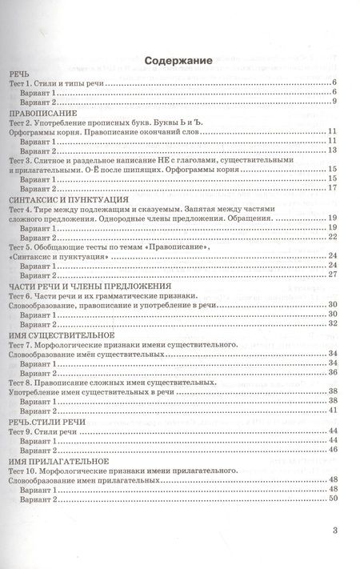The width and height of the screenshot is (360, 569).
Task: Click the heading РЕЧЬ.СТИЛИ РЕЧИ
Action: click(x=45, y=421)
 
